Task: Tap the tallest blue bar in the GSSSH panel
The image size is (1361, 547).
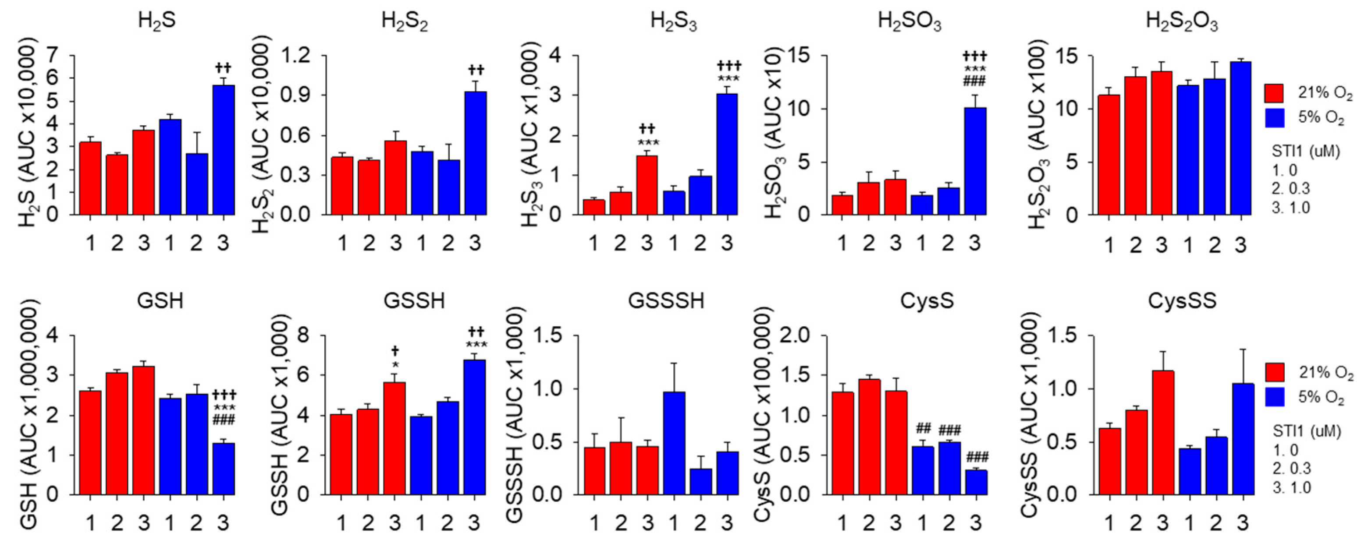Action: point(674,443)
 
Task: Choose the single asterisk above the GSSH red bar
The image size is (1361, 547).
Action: point(394,364)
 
